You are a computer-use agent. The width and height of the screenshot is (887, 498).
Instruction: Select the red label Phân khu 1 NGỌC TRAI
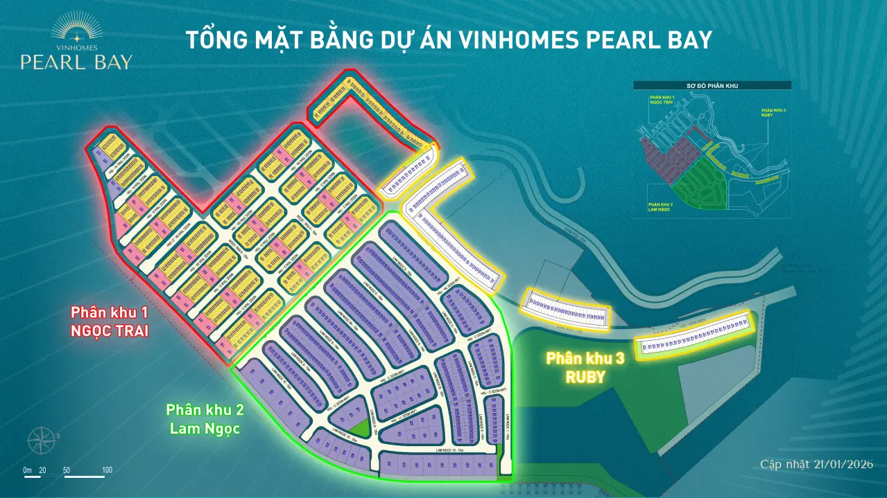pos(110,321)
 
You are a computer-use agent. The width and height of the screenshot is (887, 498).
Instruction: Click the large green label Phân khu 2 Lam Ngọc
pos(204,419)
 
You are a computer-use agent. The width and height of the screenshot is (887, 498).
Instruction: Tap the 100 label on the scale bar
pos(107,470)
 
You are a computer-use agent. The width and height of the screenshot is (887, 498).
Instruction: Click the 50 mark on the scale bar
pos(67,470)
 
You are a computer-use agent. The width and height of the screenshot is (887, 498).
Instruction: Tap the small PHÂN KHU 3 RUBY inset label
pos(773,113)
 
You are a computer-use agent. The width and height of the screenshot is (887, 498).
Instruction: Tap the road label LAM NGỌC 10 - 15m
pos(454,450)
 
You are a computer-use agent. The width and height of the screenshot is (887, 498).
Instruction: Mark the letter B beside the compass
pos(59,436)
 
